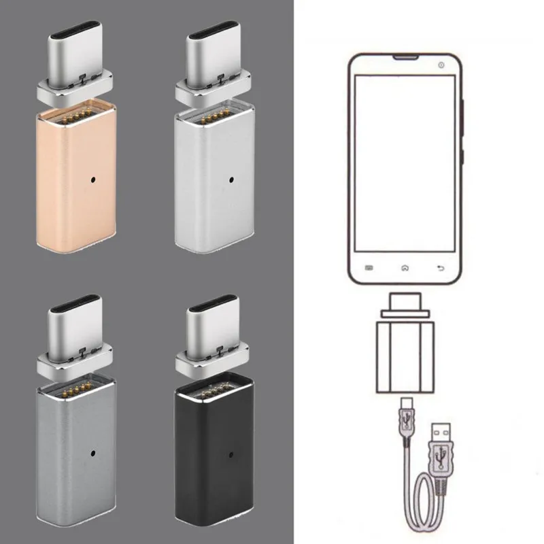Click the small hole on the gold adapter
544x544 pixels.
point(92,182)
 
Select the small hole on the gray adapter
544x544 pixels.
point(92,453)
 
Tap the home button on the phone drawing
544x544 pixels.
point(405,267)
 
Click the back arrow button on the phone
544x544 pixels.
point(440,267)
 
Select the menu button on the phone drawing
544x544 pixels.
point(369,267)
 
